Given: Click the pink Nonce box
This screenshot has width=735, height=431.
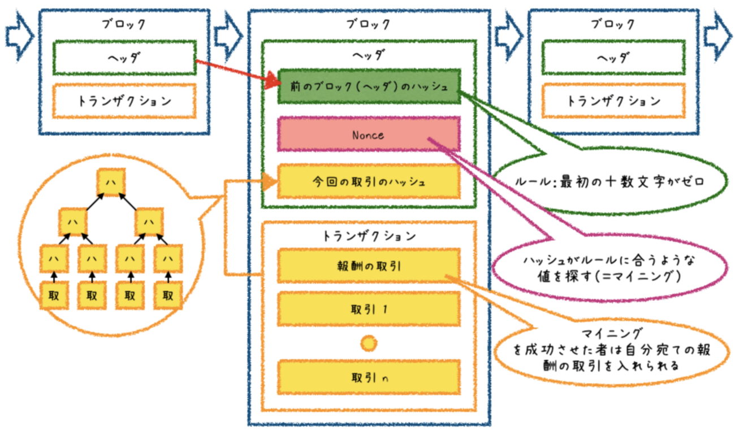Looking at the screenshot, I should coord(368,134).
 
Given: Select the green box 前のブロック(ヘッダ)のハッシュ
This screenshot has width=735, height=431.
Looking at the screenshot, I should coord(368,87).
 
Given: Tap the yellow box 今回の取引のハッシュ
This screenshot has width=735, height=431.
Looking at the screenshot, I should coord(368,182).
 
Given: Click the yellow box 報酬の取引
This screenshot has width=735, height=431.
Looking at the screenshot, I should coord(368,266).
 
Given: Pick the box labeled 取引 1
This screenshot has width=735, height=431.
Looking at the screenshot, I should coord(368,310).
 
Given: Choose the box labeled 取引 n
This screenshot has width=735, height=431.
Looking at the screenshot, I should coord(368,377).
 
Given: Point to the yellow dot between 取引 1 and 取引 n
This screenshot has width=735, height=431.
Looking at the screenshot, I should coord(368,343).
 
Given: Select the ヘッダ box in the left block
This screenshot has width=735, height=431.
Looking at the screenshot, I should coord(124,57).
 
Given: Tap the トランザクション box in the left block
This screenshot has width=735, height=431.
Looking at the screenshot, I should coord(124,101).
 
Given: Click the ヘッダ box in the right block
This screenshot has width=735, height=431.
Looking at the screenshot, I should coord(613,57).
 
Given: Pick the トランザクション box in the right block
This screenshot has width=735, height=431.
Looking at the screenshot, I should coord(613,101).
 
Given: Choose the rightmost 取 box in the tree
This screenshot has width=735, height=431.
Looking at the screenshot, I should coord(167,294).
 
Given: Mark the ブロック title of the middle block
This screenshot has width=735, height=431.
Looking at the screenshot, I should coord(368,24).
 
